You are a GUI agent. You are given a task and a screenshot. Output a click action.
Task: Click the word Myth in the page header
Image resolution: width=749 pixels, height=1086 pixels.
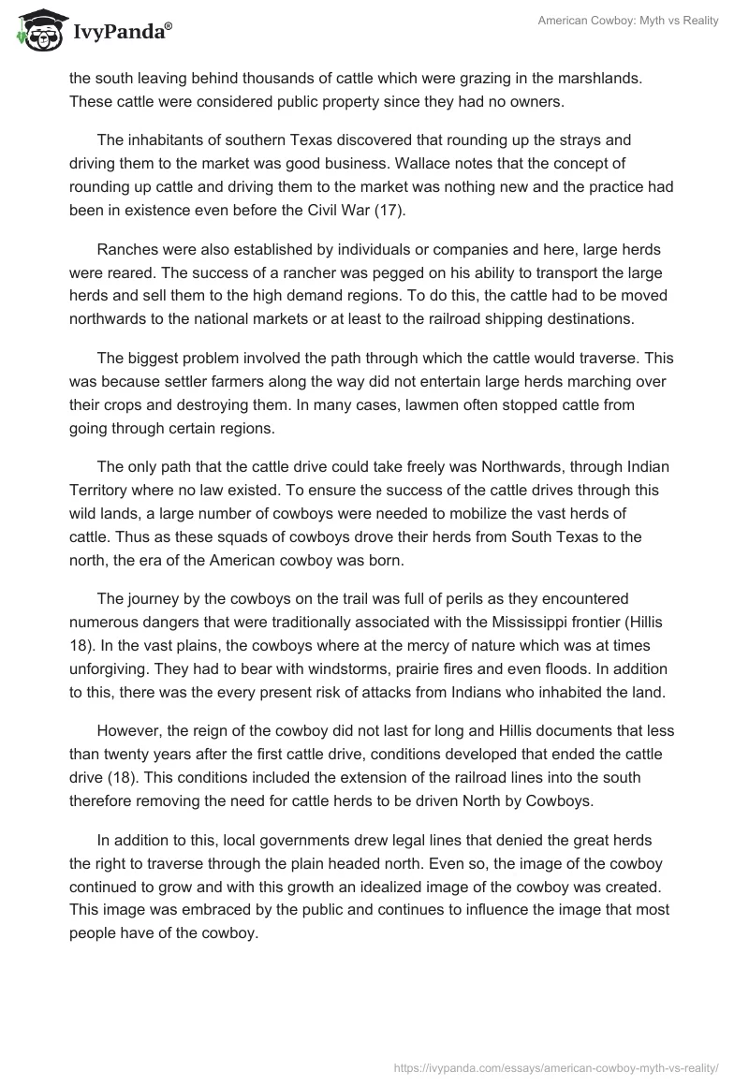pos(638,21)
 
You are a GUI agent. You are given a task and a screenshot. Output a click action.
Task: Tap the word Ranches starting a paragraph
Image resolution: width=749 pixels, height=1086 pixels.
pos(128,249)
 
